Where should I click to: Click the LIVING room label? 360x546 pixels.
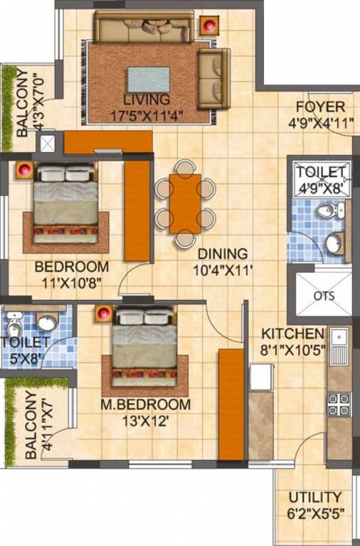coord(146,99)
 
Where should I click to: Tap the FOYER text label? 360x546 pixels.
coord(320,107)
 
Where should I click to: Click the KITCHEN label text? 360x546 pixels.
coord(292,333)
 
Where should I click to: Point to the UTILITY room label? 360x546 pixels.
coord(314,498)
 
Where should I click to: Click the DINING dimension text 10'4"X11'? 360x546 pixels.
coord(223,270)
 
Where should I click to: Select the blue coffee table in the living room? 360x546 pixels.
coord(149,79)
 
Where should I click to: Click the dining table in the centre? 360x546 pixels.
coord(186,203)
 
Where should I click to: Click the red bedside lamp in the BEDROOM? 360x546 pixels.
coord(24,171)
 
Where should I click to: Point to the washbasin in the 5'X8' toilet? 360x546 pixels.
coord(47,323)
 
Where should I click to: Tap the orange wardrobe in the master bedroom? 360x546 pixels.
coord(231,404)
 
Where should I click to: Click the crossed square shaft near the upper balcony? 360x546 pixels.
coord(47,143)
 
